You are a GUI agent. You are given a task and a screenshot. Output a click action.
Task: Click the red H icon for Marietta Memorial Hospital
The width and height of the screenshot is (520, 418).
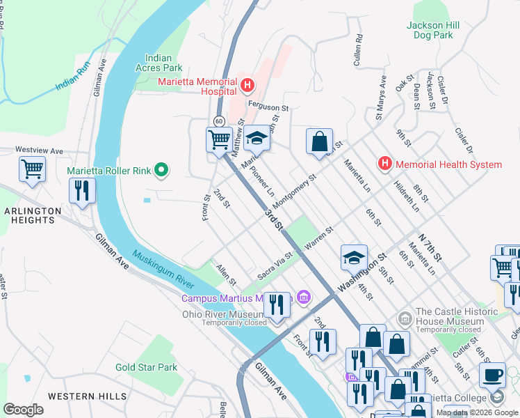(x=247, y=86)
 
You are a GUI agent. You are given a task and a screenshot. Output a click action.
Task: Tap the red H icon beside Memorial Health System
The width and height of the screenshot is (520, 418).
(x=384, y=164)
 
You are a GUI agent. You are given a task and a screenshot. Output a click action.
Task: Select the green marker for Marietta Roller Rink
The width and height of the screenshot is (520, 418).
(x=162, y=169)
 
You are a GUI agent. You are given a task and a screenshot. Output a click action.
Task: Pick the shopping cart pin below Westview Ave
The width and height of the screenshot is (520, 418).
(x=32, y=168)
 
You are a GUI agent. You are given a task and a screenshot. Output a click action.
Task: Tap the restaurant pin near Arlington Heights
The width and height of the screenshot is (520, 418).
(x=82, y=190)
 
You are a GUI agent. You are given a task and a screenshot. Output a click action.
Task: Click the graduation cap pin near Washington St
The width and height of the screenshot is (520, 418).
(x=354, y=257)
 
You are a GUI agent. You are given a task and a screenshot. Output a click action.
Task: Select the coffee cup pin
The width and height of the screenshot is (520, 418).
(x=493, y=374)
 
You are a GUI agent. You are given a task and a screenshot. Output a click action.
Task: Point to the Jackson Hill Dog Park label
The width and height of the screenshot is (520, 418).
(x=433, y=30)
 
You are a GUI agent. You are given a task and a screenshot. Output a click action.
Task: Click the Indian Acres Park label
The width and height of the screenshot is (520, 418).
(x=163, y=63)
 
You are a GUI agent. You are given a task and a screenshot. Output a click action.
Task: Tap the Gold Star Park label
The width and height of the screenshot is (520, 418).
(x=147, y=367)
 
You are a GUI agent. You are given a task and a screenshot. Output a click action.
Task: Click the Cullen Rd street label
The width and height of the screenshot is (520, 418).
(x=358, y=48)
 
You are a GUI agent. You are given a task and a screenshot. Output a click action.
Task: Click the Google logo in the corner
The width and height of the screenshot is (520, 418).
(x=23, y=409)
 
